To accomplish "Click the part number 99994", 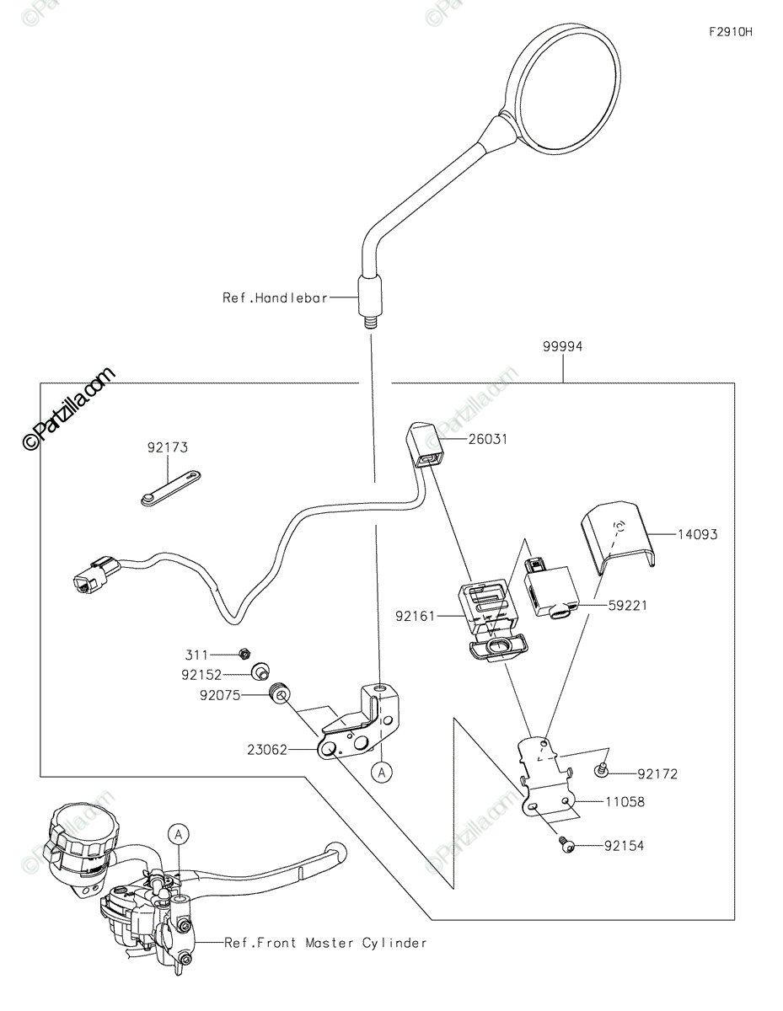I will (563, 346).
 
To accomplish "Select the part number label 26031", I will (489, 440).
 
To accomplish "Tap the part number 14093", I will (697, 534).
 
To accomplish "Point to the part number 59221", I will (628, 606).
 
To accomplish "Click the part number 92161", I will (416, 616).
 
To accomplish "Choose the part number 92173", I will (168, 449).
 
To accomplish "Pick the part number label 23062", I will (268, 747).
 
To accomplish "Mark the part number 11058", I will (625, 803).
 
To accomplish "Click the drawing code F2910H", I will (730, 33).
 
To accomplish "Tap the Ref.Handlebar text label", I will (275, 297).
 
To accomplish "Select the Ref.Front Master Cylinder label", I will (325, 943).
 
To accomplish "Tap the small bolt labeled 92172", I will (601, 769).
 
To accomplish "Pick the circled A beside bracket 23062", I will (382, 771).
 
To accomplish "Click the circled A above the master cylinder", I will (178, 834).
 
